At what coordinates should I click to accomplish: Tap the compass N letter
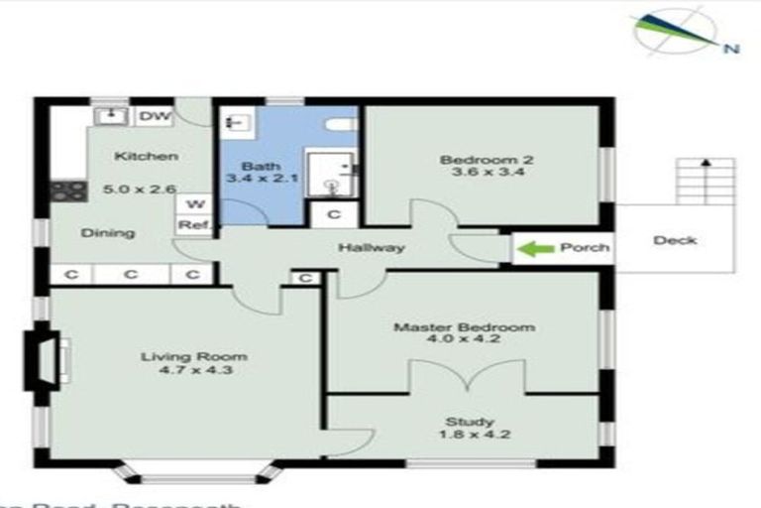point(730,47)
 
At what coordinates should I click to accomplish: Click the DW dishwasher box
point(153,116)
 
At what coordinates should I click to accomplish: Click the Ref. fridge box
point(191,225)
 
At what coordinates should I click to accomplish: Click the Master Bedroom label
point(464,326)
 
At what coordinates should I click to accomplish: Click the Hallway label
point(371,247)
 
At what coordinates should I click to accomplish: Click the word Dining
point(109,233)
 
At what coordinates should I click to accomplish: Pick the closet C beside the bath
point(333,213)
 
